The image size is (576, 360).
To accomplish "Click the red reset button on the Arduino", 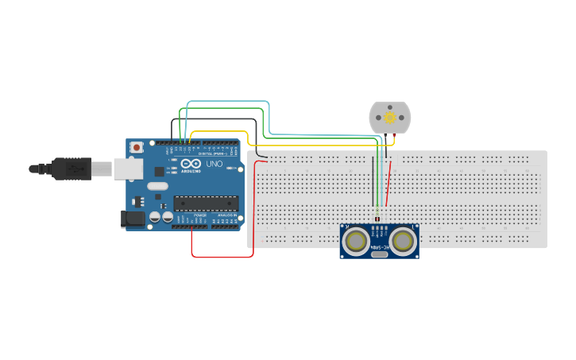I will tap(137, 147).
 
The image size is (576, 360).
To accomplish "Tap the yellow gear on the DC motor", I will tap(390, 118).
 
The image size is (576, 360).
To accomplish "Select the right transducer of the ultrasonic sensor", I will tap(403, 239).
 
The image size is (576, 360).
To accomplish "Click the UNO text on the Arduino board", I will tap(214, 164).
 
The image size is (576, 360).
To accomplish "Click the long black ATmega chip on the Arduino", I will tap(206, 203).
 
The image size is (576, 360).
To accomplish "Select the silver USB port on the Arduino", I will tap(128, 168).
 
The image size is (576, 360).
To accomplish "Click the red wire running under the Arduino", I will tap(222, 257).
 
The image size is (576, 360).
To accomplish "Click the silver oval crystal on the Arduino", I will tap(159, 187).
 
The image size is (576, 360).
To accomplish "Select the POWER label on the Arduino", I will tap(200, 215).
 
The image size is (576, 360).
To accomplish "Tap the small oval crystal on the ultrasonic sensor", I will tap(381, 255).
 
